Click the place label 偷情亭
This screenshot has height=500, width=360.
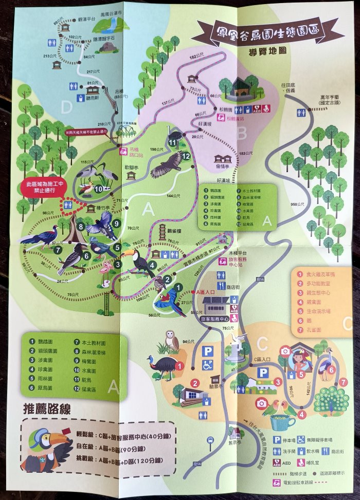[x=223, y=173]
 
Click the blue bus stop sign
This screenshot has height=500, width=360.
[x=210, y=440]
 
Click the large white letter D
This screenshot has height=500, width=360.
[x=66, y=107]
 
